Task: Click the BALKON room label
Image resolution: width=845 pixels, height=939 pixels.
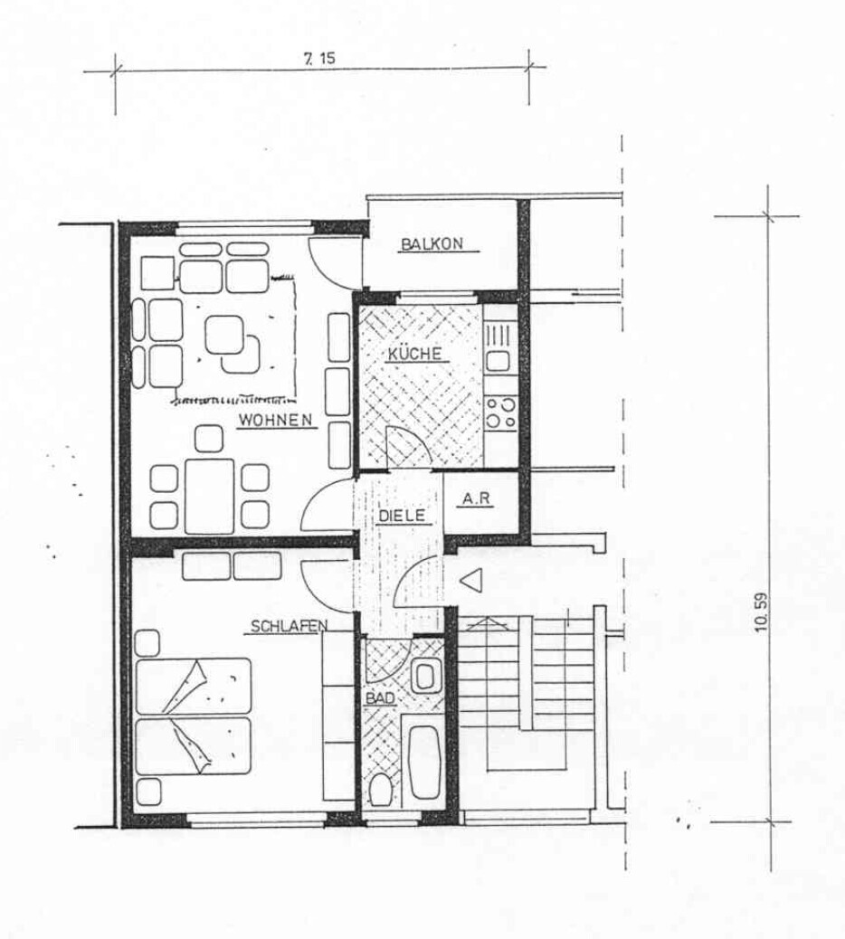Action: click(x=432, y=243)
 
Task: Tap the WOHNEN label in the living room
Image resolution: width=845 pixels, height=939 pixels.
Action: click(x=276, y=420)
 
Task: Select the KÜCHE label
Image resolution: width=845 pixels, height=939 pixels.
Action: click(x=414, y=354)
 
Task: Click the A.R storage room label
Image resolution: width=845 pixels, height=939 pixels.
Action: click(x=477, y=498)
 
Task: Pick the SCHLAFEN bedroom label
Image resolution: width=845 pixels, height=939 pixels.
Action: click(x=289, y=626)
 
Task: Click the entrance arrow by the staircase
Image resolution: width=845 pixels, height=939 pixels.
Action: click(x=473, y=582)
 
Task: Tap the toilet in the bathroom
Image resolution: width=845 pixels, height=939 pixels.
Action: click(x=381, y=790)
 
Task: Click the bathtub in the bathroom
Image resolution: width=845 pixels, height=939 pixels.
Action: click(x=423, y=761)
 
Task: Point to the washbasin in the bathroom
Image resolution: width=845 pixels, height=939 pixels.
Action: click(x=423, y=675)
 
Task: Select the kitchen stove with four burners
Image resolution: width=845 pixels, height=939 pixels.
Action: click(x=500, y=413)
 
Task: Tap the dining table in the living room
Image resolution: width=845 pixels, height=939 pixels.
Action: click(x=209, y=496)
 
